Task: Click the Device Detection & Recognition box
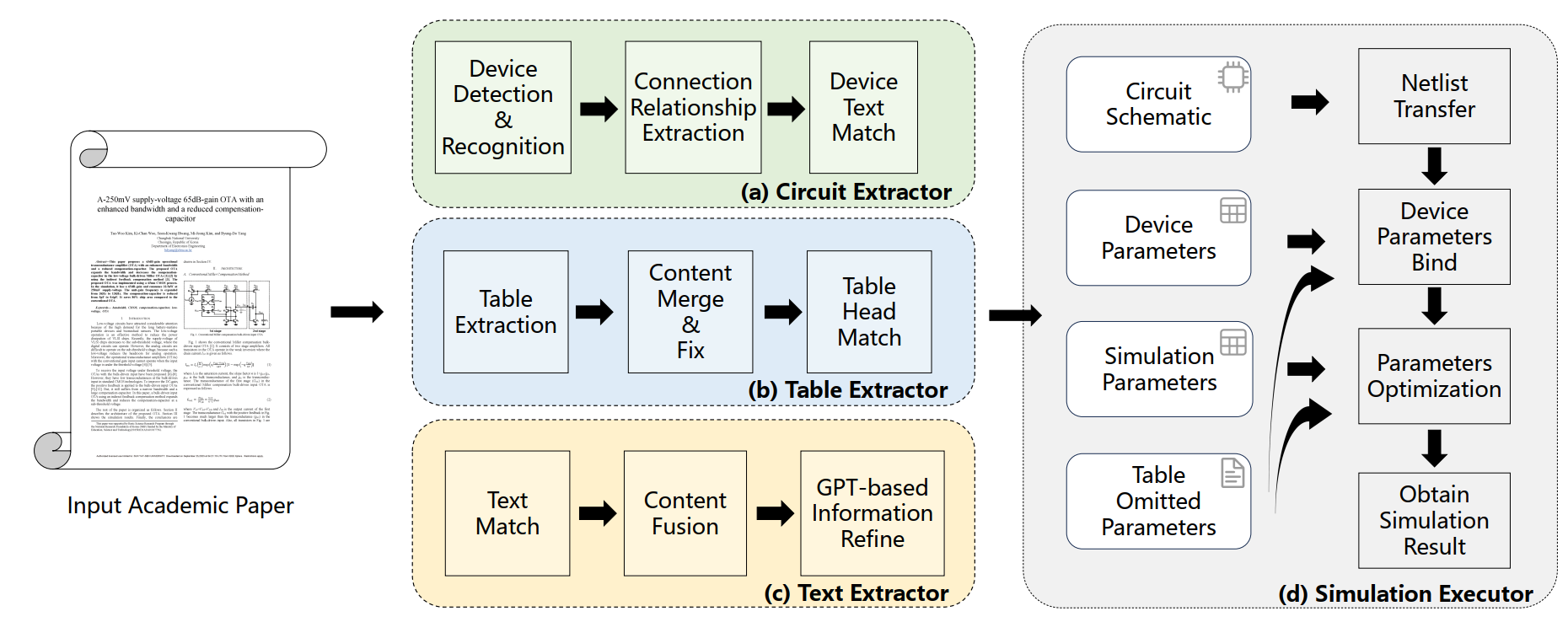click(502, 108)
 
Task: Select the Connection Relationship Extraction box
click(693, 108)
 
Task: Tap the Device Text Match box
click(863, 108)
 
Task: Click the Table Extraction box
click(506, 312)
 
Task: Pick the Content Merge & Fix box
click(690, 312)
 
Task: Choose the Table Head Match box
click(869, 312)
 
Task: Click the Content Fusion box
click(685, 513)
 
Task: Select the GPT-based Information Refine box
click(872, 513)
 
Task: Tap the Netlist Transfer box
click(1434, 96)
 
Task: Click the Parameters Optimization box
click(1434, 376)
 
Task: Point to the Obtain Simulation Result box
click(1434, 520)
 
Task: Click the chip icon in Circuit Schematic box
click(1233, 78)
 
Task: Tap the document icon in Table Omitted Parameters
click(1232, 473)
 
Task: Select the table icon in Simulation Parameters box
click(1232, 342)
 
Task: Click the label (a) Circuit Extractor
click(846, 192)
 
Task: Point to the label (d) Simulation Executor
click(1405, 594)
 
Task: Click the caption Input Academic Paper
click(180, 506)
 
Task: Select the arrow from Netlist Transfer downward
click(1434, 166)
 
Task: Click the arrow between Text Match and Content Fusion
click(598, 513)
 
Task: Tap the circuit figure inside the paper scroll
click(226, 306)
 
